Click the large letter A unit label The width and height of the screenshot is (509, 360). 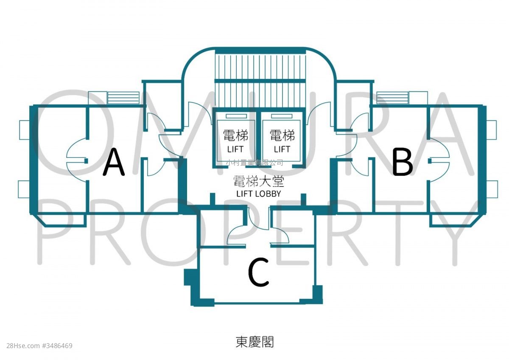[x=114, y=162]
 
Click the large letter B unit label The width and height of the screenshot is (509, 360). [x=403, y=162]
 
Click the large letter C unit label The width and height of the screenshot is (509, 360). [x=259, y=272]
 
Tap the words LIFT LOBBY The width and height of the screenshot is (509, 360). [x=259, y=194]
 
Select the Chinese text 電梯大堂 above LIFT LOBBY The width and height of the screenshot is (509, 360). [x=259, y=181]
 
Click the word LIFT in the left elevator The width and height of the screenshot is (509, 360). [x=235, y=149]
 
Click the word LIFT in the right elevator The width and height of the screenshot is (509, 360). [x=282, y=149]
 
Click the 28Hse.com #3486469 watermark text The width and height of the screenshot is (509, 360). [x=39, y=346]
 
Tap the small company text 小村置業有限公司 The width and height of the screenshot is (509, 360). [x=255, y=163]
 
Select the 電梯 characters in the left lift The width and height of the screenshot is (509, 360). [x=235, y=135]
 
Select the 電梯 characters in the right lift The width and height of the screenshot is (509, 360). [x=282, y=135]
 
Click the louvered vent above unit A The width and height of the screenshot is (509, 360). [x=123, y=98]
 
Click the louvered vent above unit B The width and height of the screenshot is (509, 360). [x=392, y=98]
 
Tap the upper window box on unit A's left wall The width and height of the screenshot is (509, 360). [x=25, y=130]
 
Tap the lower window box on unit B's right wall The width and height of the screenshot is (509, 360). [x=492, y=189]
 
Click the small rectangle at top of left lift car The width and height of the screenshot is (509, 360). [x=236, y=116]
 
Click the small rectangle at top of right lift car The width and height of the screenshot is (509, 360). [x=282, y=116]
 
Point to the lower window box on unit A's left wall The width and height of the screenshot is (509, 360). [x=24, y=189]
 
